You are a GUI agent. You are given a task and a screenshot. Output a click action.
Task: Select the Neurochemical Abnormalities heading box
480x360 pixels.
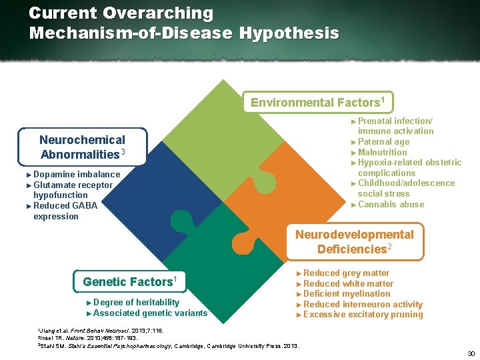[82, 147]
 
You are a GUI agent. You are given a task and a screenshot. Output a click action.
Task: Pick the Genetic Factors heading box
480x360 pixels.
[129, 281]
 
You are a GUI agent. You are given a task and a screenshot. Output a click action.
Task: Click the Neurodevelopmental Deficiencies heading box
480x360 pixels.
[354, 241]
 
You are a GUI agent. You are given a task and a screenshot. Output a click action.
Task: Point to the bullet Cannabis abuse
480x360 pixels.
[391, 204]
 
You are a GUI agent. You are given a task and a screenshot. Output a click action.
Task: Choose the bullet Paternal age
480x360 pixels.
[383, 141]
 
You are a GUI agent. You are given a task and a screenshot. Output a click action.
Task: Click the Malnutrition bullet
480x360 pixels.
[382, 152]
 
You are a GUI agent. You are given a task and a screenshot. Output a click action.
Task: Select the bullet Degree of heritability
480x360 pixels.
[136, 302]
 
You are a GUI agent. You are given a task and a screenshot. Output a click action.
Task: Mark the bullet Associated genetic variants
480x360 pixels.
[150, 313]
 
